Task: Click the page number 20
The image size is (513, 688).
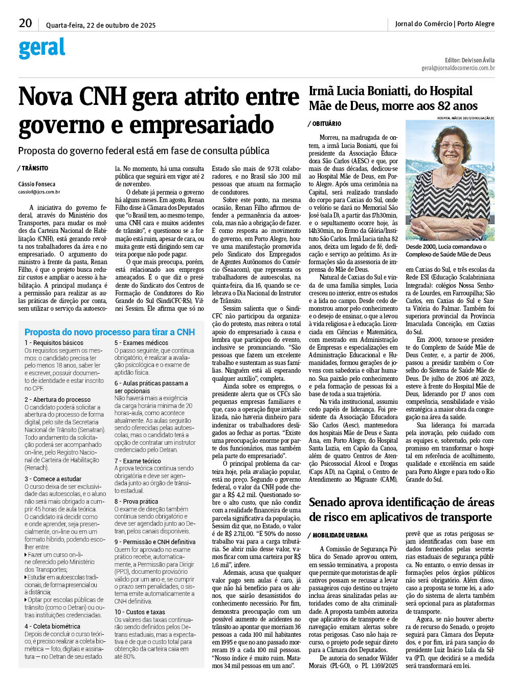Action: point(25,23)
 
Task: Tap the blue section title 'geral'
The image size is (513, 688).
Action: point(42,48)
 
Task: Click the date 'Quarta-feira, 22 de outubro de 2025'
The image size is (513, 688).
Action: point(101,25)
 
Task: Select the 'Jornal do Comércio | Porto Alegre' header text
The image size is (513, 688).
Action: point(444,24)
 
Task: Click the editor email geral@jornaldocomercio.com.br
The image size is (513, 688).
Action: point(458,68)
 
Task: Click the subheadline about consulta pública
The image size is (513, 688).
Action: point(144,151)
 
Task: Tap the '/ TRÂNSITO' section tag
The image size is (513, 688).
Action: point(33,168)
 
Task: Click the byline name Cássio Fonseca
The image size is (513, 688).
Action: point(37,184)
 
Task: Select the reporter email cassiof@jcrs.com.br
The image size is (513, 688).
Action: point(39,192)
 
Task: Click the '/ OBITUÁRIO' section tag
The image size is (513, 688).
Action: point(325,124)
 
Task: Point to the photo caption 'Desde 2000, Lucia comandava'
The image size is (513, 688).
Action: point(446,247)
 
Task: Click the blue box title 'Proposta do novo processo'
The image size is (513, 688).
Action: point(109,332)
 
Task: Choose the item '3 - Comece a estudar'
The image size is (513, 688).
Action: point(53,479)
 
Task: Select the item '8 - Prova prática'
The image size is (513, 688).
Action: point(136,502)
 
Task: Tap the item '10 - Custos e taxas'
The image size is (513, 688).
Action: point(140,612)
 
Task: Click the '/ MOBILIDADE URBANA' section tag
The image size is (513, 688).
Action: point(338,535)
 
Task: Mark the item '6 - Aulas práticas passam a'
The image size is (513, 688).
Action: point(151,383)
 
